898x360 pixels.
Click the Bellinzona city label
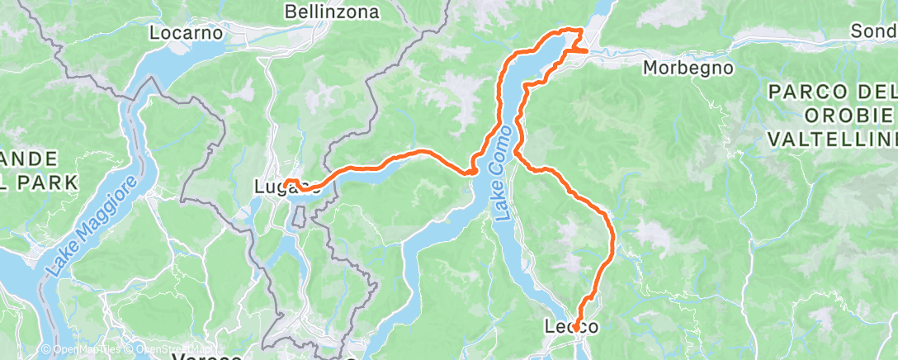(332, 12)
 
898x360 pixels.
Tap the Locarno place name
(187, 34)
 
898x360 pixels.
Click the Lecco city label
(571, 328)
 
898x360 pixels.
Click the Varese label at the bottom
(206, 358)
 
